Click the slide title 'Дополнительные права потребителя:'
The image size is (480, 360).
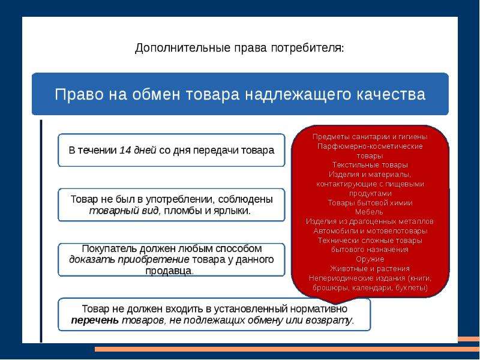[239, 48]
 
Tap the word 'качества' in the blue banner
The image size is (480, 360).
[391, 94]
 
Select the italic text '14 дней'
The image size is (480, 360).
[138, 151]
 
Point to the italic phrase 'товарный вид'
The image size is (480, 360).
[124, 211]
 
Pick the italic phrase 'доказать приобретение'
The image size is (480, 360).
[129, 260]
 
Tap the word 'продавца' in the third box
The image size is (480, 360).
[169, 271]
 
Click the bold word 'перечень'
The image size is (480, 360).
[95, 320]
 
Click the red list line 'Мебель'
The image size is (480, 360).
[369, 212]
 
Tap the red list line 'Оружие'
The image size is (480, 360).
[370, 259]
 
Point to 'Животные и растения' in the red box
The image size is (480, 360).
[370, 268]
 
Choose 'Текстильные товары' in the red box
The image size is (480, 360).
[370, 165]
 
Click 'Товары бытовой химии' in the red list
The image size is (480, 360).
[370, 203]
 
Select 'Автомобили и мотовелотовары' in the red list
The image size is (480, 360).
[370, 231]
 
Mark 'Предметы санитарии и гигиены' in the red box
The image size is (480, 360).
[370, 137]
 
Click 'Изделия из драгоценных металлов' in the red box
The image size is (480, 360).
[370, 221]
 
